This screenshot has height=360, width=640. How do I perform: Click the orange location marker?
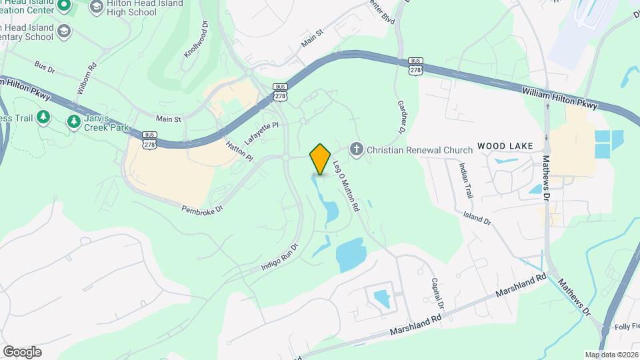coord(321,159)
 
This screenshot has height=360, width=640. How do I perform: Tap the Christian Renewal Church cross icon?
coord(357,149)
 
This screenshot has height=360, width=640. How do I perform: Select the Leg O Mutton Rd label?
coord(346,188)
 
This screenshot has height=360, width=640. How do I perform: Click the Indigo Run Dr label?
coord(279,257)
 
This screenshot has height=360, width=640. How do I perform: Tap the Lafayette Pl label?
coord(261,134)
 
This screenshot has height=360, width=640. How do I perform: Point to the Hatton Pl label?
coord(240,151)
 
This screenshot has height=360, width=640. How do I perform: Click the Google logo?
coord(22,351)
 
